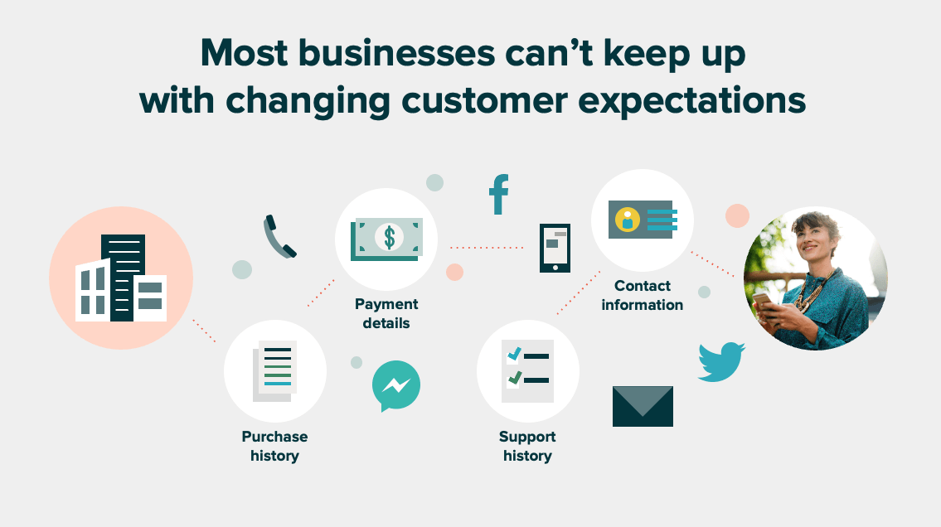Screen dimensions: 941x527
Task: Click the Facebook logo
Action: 499,195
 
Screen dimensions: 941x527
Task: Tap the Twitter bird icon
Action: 721,361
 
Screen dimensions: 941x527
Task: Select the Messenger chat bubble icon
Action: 396,385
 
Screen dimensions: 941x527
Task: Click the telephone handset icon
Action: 279,237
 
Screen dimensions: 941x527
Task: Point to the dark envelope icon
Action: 643,406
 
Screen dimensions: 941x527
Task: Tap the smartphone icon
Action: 555,249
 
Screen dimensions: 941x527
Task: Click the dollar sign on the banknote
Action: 390,238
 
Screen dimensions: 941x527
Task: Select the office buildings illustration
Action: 121,278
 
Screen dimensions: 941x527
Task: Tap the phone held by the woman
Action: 761,300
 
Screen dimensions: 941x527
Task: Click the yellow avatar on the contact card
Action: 627,220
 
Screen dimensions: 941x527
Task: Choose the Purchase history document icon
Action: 275,371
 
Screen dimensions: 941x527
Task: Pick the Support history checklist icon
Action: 527,371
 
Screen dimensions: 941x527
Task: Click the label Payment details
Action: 386,313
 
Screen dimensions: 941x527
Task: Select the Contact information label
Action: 643,295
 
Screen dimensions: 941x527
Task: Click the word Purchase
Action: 275,437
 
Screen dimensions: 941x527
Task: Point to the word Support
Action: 527,437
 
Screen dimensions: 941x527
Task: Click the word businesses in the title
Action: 396,53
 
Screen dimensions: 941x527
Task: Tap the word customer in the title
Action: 484,100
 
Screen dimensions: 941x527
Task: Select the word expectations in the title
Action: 692,101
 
